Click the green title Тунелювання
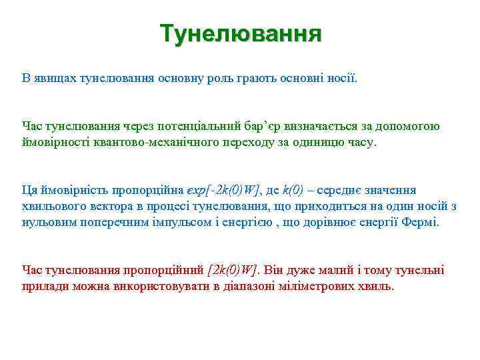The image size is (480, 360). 241,33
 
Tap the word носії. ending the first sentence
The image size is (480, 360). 341,79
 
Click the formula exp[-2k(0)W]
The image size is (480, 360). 225,191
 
